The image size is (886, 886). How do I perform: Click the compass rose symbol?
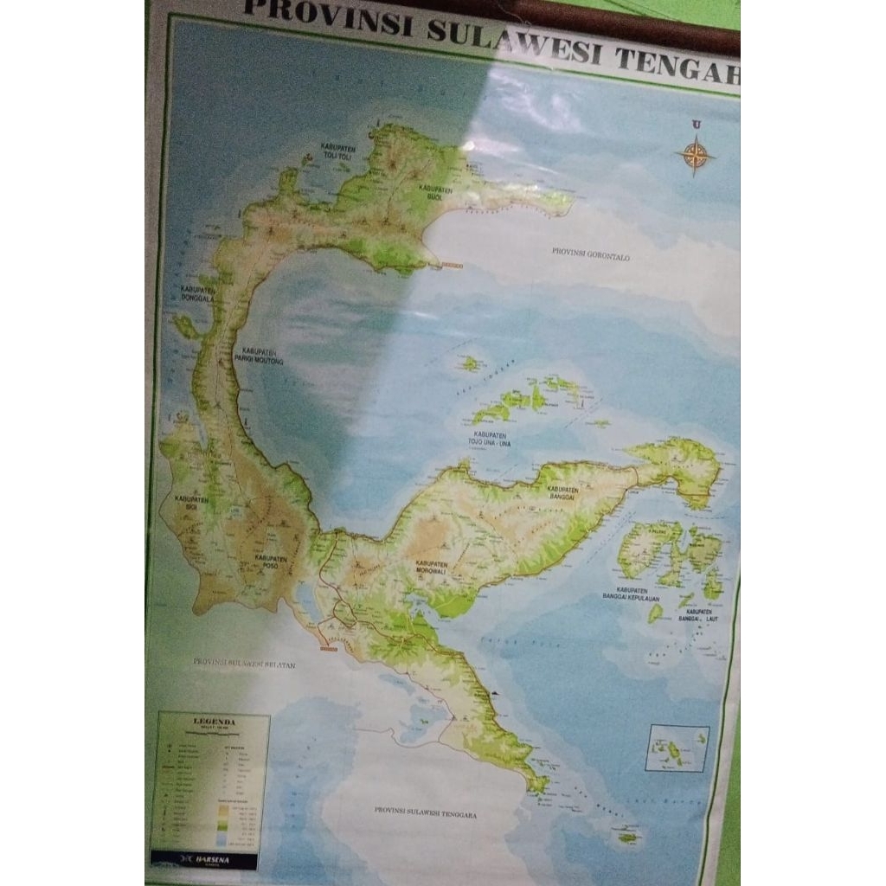(x=695, y=156)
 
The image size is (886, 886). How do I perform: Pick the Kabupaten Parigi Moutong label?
(x=263, y=355)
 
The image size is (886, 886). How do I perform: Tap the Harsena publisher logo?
(x=204, y=860)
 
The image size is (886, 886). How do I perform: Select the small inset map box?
(x=677, y=748)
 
